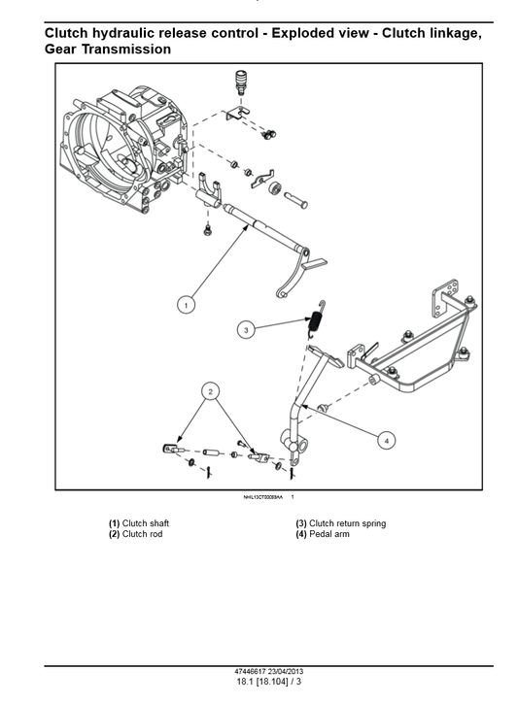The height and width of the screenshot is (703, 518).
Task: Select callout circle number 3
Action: click(247, 330)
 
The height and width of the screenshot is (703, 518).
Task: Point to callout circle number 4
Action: click(387, 440)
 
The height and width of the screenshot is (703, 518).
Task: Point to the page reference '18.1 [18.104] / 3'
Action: click(259, 684)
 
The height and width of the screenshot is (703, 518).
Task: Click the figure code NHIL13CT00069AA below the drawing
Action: click(262, 497)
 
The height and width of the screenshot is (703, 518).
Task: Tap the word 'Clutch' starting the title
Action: click(70, 33)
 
